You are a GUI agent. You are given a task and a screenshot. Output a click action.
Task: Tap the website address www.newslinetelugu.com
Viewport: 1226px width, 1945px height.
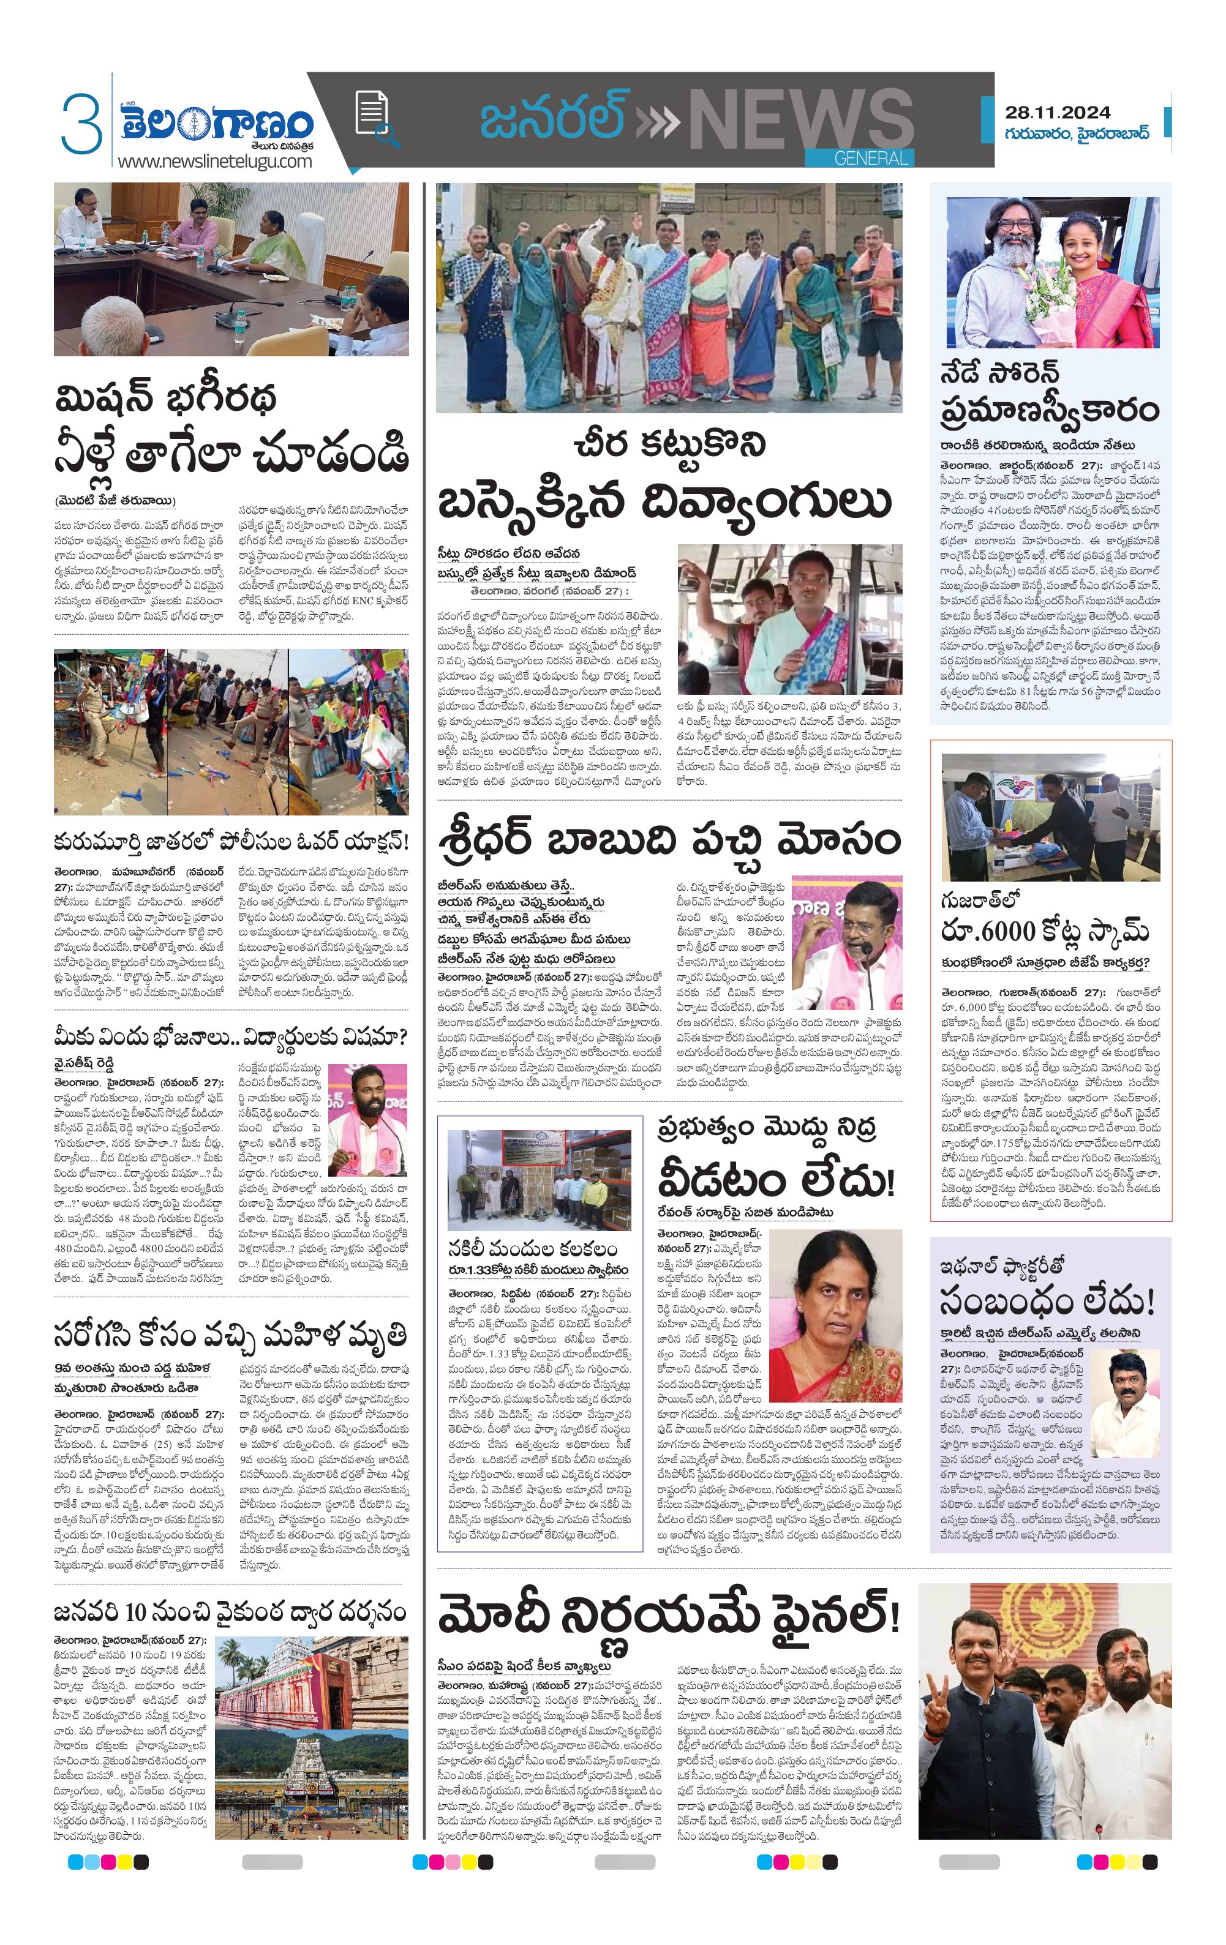(x=214, y=161)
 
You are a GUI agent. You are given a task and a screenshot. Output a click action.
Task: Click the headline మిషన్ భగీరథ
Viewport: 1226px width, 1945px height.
(x=166, y=398)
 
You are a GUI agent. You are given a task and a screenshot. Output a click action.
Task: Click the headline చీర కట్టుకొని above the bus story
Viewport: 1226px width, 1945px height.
(x=668, y=445)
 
